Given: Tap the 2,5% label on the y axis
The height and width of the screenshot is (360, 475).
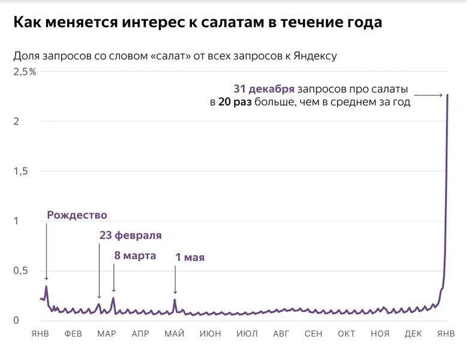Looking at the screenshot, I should point(25,72).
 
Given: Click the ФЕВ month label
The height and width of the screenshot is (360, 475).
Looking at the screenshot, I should point(73,334).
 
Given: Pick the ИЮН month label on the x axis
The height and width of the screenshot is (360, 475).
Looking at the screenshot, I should point(210,334).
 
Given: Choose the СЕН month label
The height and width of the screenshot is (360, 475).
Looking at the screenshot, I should point(314,334).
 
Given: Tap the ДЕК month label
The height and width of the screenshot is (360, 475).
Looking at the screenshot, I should point(413,334).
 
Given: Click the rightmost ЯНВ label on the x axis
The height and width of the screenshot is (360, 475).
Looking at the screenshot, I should point(447,334).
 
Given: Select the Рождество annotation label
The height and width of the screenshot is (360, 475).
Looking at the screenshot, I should point(77,215).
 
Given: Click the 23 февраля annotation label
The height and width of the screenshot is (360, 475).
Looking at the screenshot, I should point(130,235).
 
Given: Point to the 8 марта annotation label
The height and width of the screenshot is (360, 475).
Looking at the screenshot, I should point(135,256).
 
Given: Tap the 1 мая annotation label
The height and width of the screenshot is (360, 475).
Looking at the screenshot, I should point(190,258).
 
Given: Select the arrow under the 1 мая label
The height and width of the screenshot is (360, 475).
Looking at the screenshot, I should point(175,280).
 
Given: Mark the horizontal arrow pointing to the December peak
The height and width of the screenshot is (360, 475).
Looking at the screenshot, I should point(428,95).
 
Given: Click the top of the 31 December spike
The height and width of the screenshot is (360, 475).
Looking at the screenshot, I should point(447,95).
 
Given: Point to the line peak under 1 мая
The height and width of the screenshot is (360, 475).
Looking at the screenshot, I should point(175,299).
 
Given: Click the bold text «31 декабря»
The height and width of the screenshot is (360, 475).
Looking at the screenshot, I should point(264,89).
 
